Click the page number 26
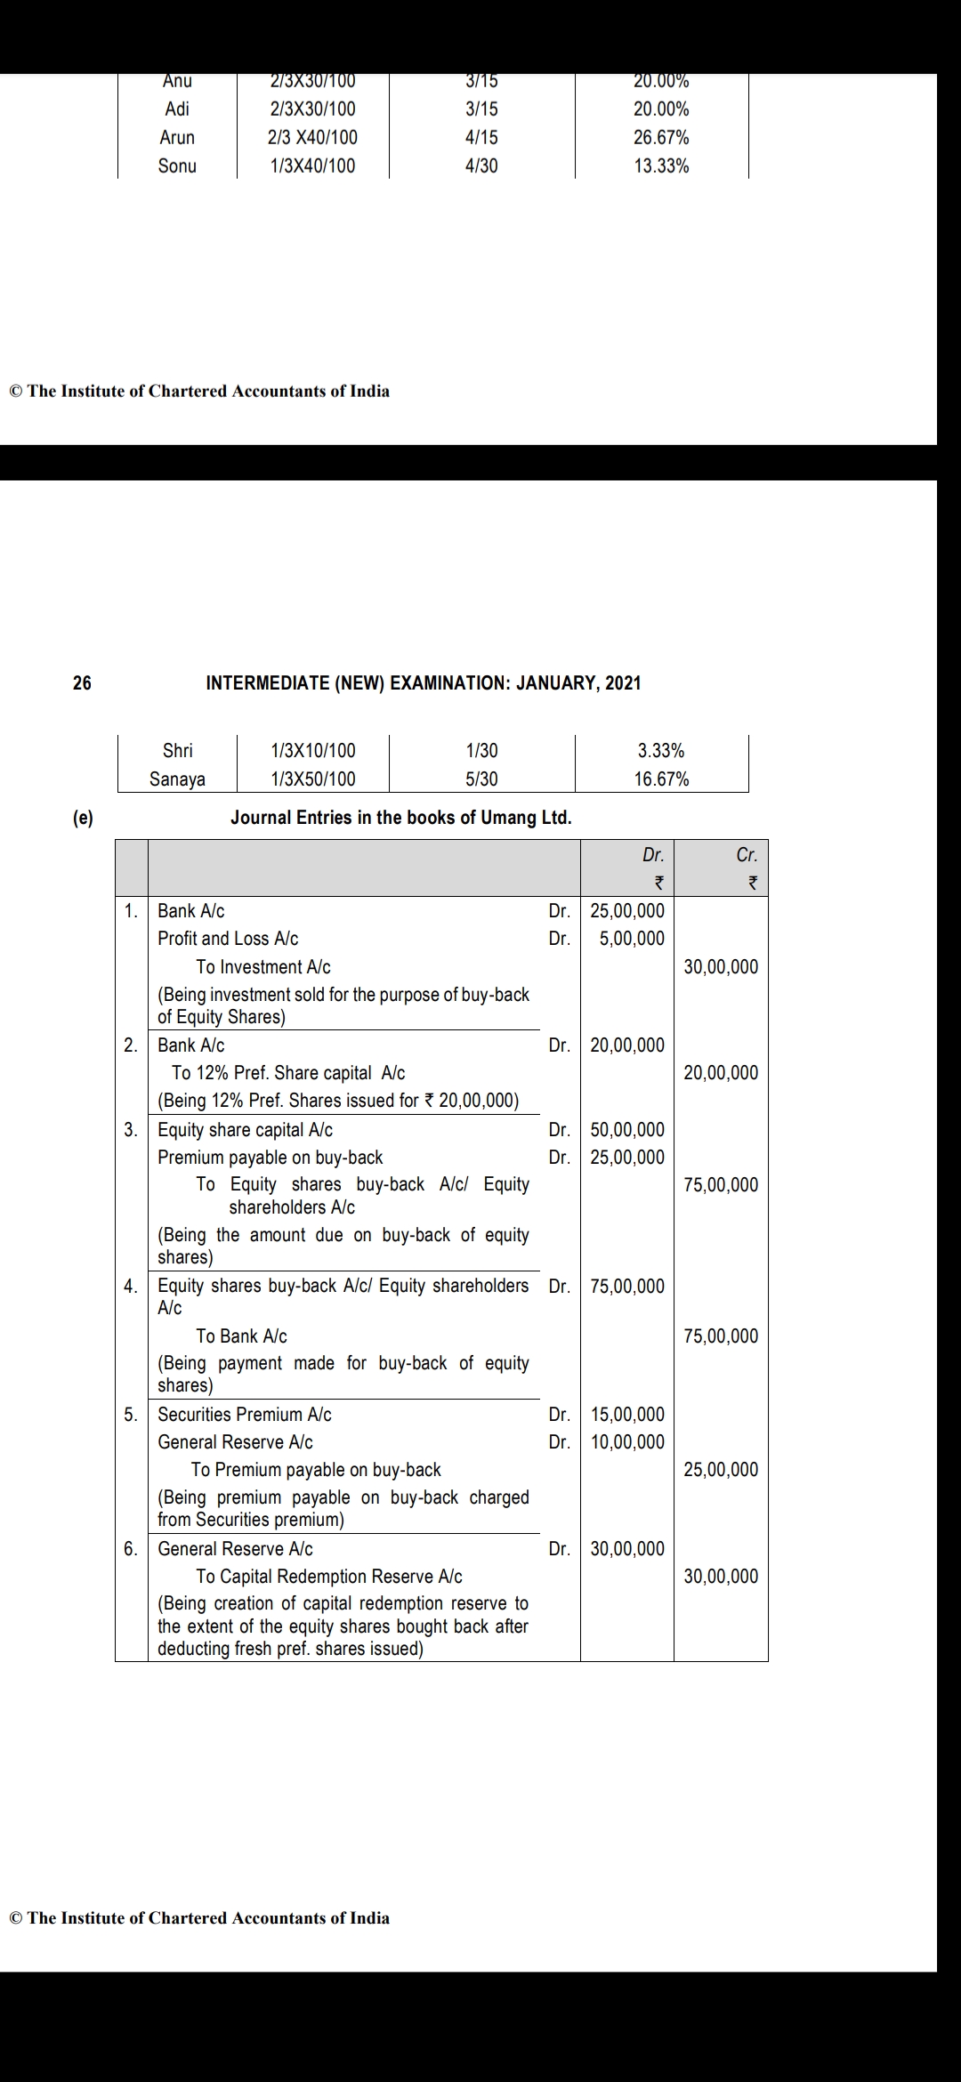[x=82, y=683]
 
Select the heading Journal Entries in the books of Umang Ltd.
[x=400, y=818]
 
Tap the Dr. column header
[x=653, y=855]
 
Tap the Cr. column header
[x=747, y=855]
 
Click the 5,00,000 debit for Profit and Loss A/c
[x=632, y=939]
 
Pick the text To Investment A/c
[x=263, y=967]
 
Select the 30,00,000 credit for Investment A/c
[x=721, y=967]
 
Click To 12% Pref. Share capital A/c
[x=288, y=1073]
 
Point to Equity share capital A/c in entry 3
[x=245, y=1130]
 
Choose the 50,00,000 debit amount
[x=627, y=1130]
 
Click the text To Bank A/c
[x=241, y=1336]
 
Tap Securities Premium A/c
[x=245, y=1415]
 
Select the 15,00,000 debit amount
[x=627, y=1415]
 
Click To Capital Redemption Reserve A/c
[x=329, y=1577]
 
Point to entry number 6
[x=131, y=1549]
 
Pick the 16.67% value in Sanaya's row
[x=661, y=779]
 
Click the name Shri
[x=178, y=751]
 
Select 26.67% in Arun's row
[x=661, y=138]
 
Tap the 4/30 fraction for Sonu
[x=481, y=166]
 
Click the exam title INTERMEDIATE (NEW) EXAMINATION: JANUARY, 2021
[x=424, y=683]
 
